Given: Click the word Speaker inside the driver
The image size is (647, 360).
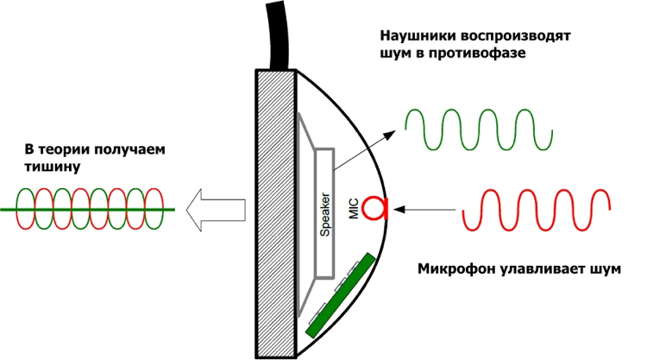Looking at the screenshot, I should click(325, 213).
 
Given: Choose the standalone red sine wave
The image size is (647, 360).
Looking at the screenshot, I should click(537, 212).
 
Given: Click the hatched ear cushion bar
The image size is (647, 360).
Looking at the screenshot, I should click(276, 212).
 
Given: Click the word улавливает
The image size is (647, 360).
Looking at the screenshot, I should click(539, 269).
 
